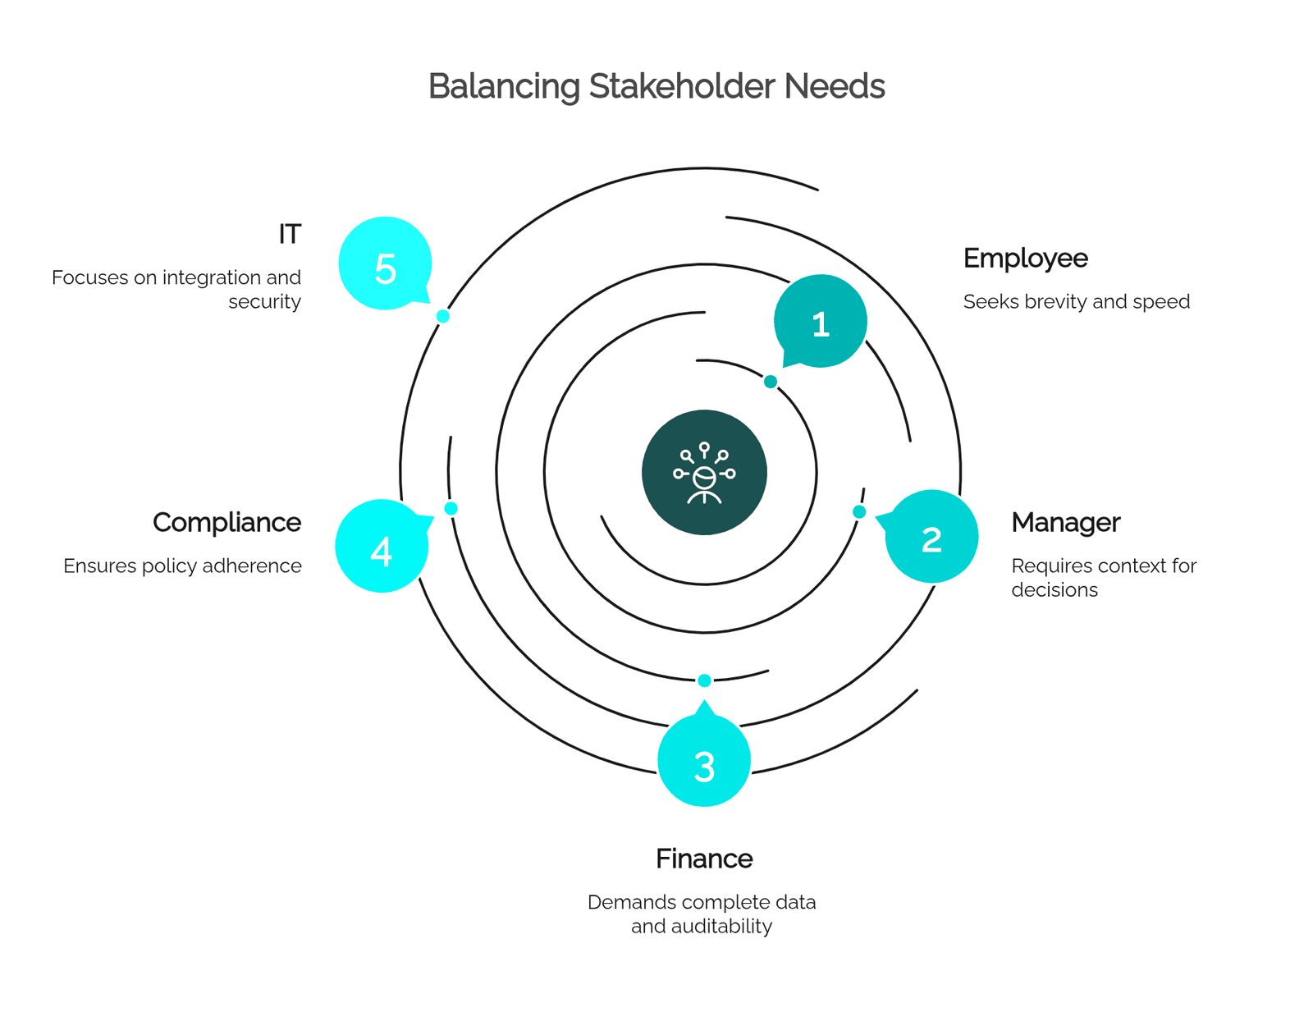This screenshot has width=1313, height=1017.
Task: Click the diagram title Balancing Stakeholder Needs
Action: click(x=656, y=87)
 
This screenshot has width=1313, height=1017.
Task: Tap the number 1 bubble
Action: click(x=820, y=321)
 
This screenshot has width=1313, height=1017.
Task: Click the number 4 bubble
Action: click(x=382, y=546)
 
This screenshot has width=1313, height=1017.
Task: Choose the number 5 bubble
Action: click(x=385, y=263)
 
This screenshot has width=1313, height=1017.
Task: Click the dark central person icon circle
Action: click(x=704, y=473)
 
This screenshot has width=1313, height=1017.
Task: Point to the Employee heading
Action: click(x=1026, y=259)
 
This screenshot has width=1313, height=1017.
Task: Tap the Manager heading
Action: click(x=1066, y=523)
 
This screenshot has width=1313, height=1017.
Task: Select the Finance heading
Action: click(x=704, y=859)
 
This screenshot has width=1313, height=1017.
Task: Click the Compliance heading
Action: click(x=226, y=524)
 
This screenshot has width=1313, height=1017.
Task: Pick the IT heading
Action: click(x=290, y=234)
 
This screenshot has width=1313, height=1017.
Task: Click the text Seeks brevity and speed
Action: click(x=1076, y=301)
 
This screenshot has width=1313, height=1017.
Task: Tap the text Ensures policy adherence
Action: click(x=182, y=566)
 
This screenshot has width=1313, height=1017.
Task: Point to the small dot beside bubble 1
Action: click(x=771, y=382)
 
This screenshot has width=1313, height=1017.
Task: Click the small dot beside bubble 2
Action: click(x=858, y=512)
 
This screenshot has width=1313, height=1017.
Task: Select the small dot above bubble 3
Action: click(x=704, y=681)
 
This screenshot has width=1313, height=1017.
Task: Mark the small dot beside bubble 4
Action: click(x=451, y=509)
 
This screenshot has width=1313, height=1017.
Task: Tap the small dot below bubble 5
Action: click(x=443, y=316)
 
